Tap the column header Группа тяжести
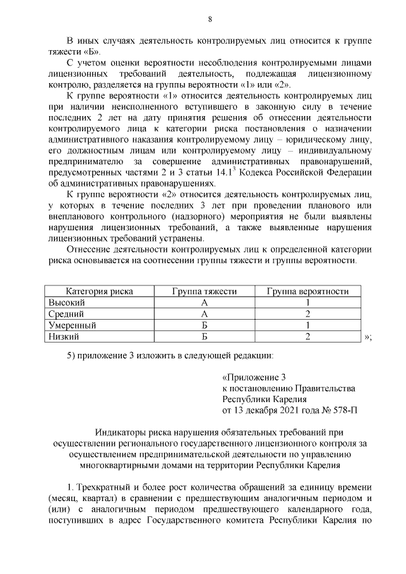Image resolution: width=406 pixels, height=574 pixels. (x=204, y=291)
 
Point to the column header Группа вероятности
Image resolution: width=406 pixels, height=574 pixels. (x=308, y=291)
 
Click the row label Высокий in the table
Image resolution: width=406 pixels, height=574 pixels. (x=67, y=303)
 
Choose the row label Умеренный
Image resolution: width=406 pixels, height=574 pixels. (x=72, y=325)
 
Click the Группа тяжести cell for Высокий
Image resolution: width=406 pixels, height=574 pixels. (x=204, y=303)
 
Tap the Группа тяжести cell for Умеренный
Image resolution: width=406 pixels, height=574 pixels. (x=204, y=325)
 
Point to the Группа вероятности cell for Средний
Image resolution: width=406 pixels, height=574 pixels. (x=308, y=314)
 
